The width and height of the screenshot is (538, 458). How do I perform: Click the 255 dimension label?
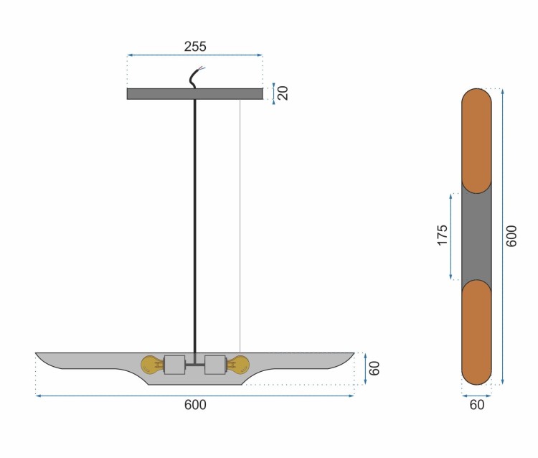(x=195, y=47)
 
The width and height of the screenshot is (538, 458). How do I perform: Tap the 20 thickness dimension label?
(x=283, y=93)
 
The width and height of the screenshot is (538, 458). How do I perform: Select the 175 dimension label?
(x=443, y=235)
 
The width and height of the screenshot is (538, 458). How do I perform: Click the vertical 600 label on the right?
(x=511, y=236)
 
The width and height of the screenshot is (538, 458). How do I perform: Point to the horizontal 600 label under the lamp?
(x=195, y=405)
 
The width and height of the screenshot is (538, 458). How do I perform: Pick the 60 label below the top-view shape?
(x=477, y=405)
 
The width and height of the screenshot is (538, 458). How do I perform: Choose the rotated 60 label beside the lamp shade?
(x=374, y=368)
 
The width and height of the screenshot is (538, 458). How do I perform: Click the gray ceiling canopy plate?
(x=195, y=94)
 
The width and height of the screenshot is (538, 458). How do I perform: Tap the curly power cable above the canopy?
(x=196, y=78)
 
